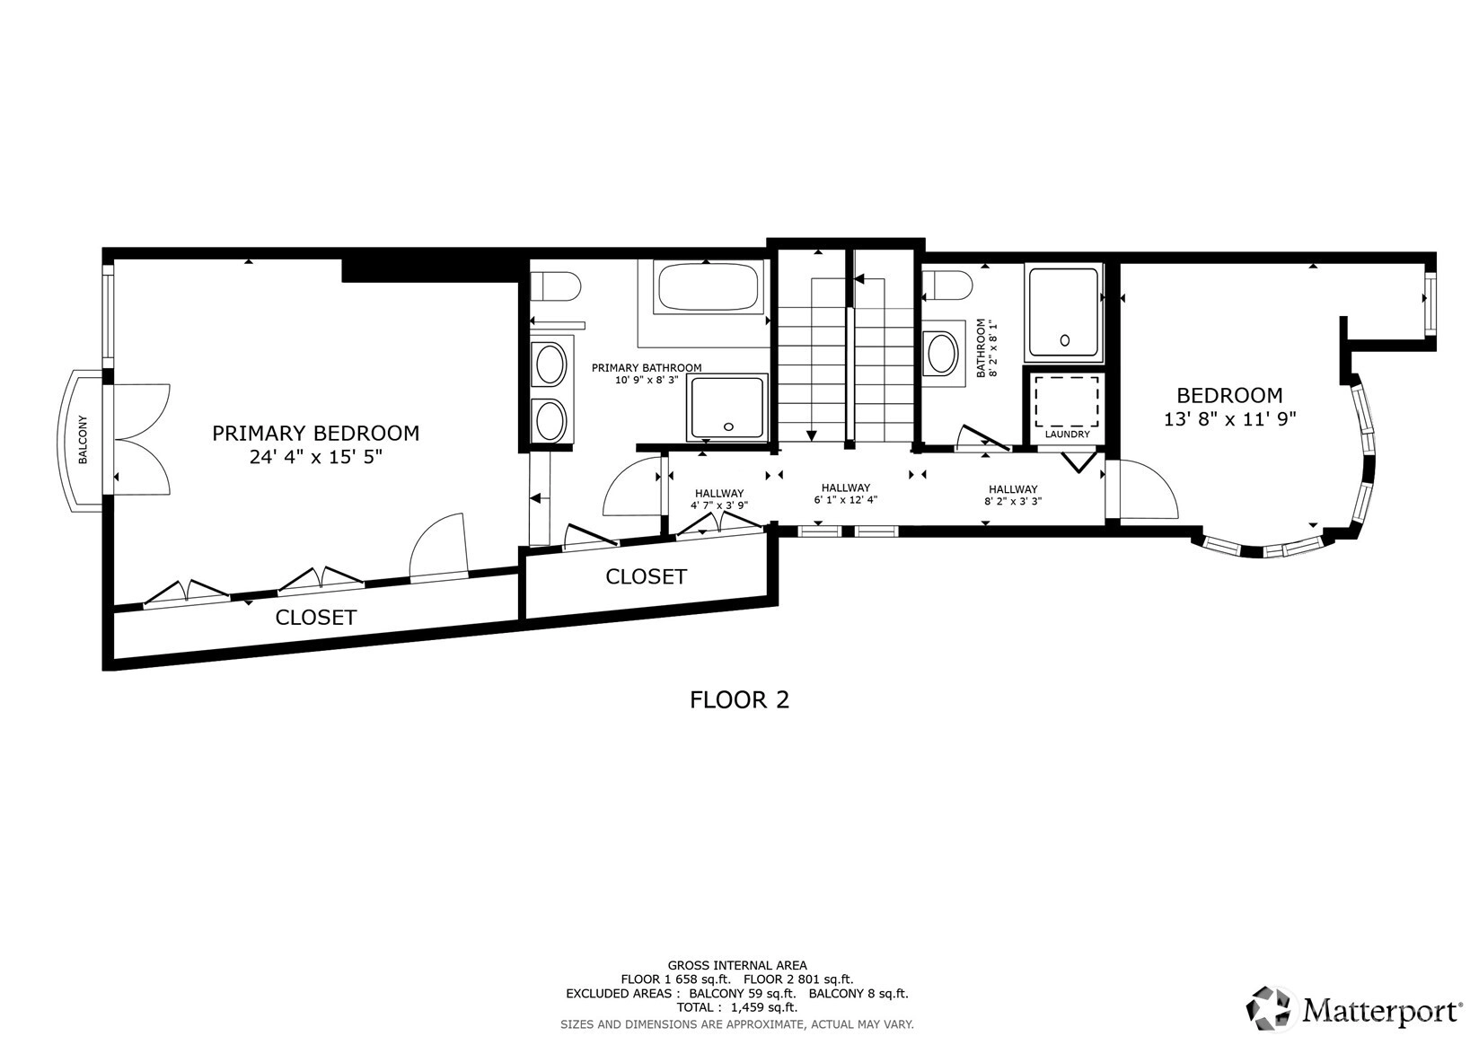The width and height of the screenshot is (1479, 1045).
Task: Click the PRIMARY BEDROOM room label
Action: [x=315, y=433]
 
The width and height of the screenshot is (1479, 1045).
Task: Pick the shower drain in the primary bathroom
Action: [x=728, y=426]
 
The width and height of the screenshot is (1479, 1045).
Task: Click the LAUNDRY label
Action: [x=1067, y=435]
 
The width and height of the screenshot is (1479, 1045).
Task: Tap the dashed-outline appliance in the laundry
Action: [x=1066, y=402]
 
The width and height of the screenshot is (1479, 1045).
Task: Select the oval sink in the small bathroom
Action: [x=943, y=354]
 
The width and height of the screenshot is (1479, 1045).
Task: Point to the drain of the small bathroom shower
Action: [x=1064, y=340]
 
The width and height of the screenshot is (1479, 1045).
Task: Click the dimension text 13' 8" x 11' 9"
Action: [x=1230, y=419]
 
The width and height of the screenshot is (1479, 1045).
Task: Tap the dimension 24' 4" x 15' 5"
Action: [x=315, y=457]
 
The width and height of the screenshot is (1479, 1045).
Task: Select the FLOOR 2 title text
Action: [x=740, y=699]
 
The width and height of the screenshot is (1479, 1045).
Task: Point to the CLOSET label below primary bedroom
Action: [x=315, y=618]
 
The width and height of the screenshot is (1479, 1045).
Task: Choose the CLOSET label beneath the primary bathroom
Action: [x=646, y=577]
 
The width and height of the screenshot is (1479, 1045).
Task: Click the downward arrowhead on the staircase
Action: [x=812, y=435]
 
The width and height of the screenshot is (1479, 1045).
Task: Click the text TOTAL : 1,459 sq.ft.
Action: [x=737, y=1007]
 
